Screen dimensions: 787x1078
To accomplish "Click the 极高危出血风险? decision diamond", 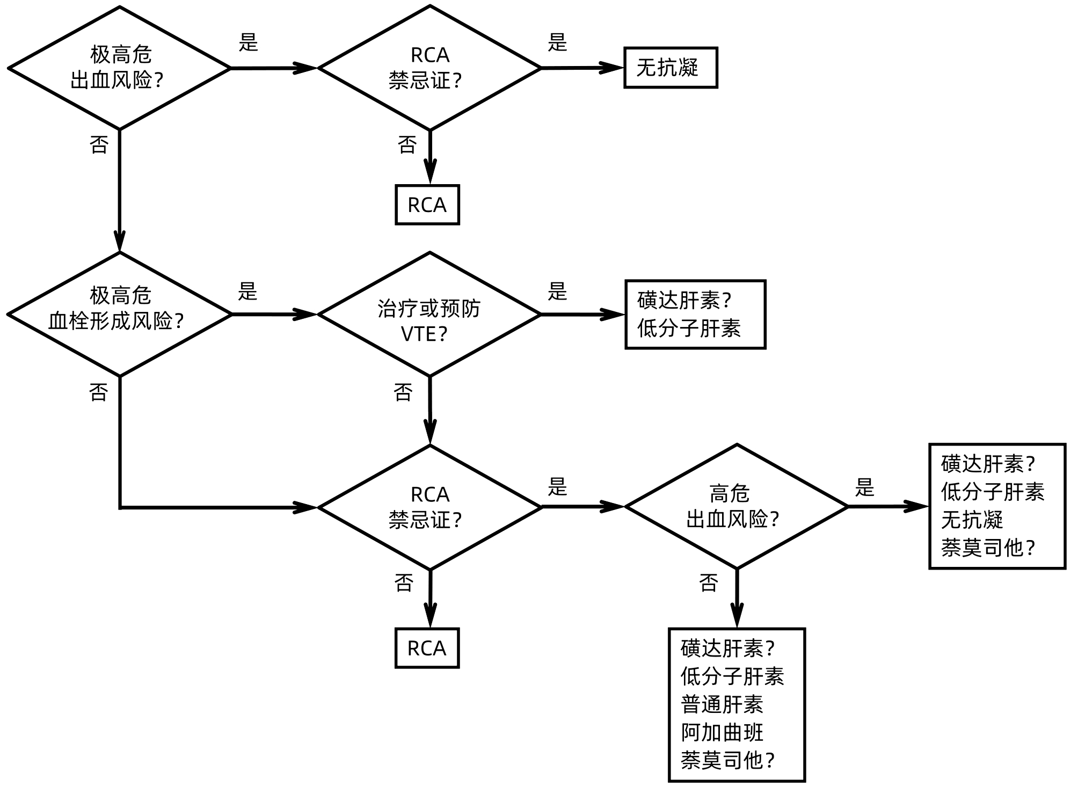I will click(x=119, y=68).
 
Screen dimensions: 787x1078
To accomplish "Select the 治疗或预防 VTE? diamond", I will click(x=429, y=315).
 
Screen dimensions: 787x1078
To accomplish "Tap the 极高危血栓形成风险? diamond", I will click(x=119, y=315).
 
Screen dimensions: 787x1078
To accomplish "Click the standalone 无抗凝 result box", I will click(x=671, y=68).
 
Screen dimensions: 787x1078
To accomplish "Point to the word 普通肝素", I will click(x=722, y=704).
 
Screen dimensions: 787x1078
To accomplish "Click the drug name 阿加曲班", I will click(x=722, y=732).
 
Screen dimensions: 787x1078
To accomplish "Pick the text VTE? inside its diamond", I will click(x=424, y=334).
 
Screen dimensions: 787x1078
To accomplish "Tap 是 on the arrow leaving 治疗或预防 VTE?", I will click(x=557, y=292).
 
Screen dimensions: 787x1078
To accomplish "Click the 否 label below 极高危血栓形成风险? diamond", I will click(x=98, y=392).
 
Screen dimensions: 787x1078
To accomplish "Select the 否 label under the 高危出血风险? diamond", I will click(x=709, y=583).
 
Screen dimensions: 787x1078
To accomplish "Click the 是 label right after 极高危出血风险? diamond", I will click(x=248, y=42).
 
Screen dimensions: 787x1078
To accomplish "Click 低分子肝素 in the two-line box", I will click(x=689, y=329).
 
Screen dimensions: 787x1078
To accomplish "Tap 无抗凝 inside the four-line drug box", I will click(x=972, y=520).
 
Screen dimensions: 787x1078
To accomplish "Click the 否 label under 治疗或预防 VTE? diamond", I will click(x=403, y=392).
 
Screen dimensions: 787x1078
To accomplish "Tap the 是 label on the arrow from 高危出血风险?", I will click(x=864, y=487).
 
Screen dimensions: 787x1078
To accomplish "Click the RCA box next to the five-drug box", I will click(x=427, y=648).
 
